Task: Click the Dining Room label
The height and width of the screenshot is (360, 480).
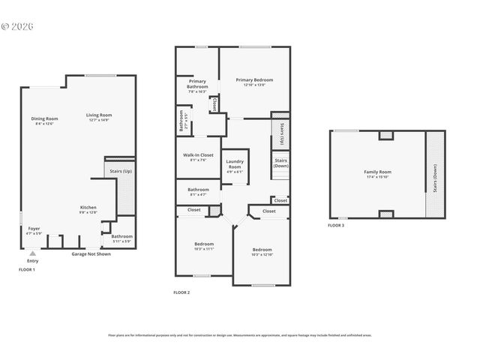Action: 45,121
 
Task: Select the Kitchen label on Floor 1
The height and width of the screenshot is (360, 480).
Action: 89,209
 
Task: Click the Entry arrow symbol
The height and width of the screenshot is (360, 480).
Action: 31,254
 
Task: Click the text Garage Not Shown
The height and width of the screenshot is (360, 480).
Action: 91,254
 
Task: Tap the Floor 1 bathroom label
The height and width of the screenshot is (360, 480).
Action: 121,238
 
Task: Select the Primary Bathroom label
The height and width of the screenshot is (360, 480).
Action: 197,86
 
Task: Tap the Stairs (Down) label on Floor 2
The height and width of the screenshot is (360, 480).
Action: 281,163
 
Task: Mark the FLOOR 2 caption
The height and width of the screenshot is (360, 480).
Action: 181,292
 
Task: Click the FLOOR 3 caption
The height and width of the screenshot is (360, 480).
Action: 336,225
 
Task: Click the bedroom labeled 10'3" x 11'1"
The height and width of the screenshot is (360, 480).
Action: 203,246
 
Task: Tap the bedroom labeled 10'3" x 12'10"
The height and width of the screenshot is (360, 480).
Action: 262,251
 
